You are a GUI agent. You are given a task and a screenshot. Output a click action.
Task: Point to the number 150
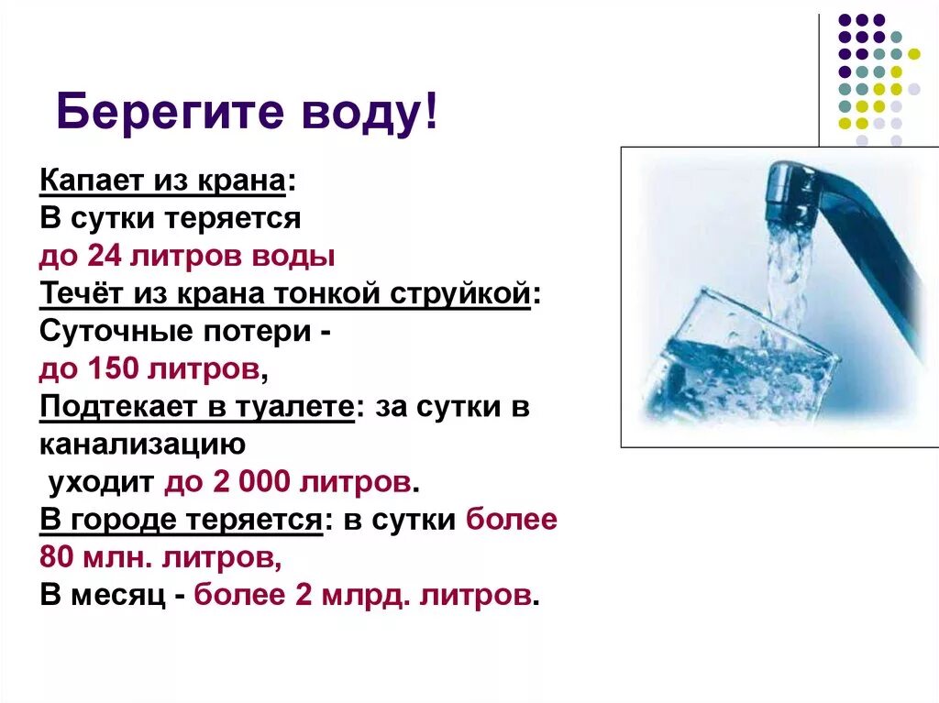pos(119,369)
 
